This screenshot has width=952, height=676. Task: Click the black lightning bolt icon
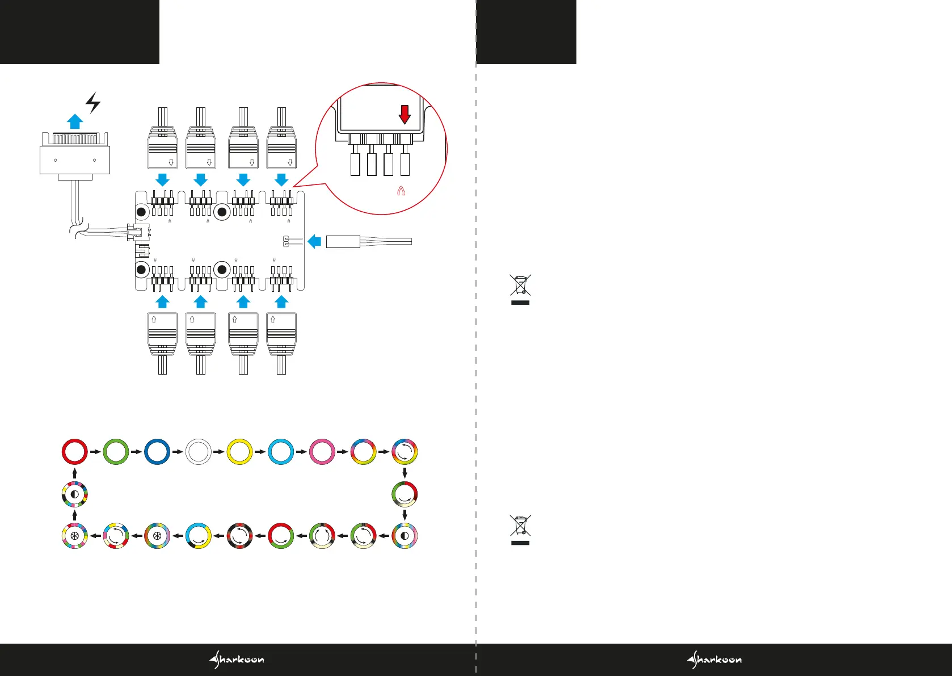pyautogui.click(x=93, y=102)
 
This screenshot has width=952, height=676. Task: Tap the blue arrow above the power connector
pyautogui.click(x=75, y=121)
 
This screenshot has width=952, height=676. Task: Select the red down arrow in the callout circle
pyautogui.click(x=405, y=114)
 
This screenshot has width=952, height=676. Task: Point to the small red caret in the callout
pyautogui.click(x=401, y=191)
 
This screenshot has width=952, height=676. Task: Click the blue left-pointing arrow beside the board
pyautogui.click(x=314, y=242)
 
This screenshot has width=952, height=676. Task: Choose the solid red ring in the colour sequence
pyautogui.click(x=75, y=452)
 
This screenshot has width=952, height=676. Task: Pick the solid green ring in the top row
pyautogui.click(x=116, y=452)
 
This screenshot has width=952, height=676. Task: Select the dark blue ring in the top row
pyautogui.click(x=157, y=452)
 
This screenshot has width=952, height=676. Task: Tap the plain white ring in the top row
pyautogui.click(x=199, y=452)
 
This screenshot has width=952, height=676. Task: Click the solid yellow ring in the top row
pyautogui.click(x=239, y=452)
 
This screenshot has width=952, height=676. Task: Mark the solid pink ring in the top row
pyautogui.click(x=322, y=452)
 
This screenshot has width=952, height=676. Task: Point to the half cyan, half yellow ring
pyautogui.click(x=199, y=536)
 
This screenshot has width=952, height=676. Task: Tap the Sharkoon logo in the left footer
pyautogui.click(x=237, y=660)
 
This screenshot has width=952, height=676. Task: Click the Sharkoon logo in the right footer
pyautogui.click(x=714, y=660)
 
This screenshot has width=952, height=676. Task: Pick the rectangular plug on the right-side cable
pyautogui.click(x=343, y=242)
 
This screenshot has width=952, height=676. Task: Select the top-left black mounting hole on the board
pyautogui.click(x=141, y=212)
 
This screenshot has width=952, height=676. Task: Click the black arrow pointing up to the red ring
pyautogui.click(x=75, y=473)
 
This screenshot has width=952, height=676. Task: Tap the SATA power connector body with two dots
pyautogui.click(x=75, y=160)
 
